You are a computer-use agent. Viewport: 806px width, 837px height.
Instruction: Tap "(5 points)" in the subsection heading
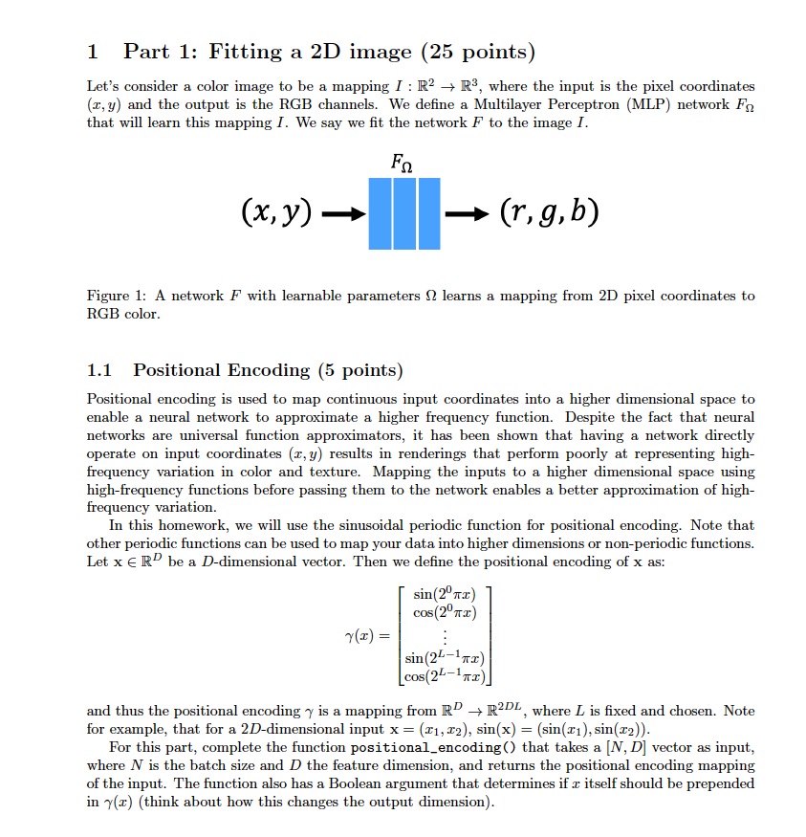[x=359, y=370]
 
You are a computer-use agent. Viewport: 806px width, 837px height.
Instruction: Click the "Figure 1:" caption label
[x=115, y=296]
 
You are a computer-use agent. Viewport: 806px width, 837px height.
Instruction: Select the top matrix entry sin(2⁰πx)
[x=443, y=596]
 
